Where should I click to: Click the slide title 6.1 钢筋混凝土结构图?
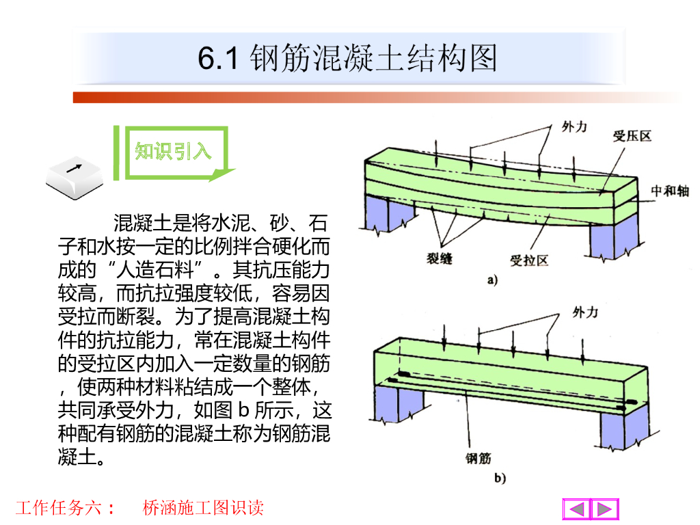348,59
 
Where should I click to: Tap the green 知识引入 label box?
173,151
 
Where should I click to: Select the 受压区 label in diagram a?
632,135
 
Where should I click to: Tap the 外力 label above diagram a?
574,126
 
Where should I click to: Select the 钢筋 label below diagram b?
479,458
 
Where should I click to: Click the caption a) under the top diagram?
492,280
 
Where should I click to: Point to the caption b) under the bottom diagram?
499,479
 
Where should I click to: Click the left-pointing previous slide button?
577,509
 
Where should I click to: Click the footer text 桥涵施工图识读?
203,508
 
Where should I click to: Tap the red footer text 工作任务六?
59,508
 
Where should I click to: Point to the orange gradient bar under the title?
376,97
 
